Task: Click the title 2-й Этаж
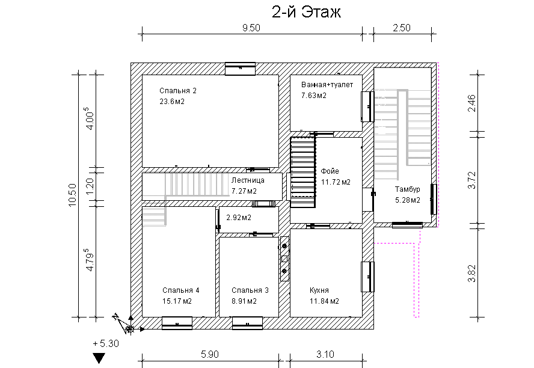(306, 12)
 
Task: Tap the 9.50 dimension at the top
(251, 28)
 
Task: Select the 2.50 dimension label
(402, 28)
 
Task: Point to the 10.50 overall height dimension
(72, 195)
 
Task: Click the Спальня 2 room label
(178, 91)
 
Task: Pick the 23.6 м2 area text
(172, 102)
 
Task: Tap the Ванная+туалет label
(327, 85)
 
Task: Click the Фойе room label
(330, 171)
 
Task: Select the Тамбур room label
(407, 189)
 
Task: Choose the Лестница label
(248, 180)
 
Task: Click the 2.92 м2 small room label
(239, 218)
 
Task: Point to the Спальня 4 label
(181, 290)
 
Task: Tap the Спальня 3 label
(250, 290)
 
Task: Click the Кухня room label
(319, 290)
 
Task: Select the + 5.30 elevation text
(106, 343)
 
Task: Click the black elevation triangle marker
(99, 357)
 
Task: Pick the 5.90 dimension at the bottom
(210, 354)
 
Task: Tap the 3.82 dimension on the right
(471, 274)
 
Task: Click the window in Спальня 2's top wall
(240, 69)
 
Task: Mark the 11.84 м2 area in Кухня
(324, 301)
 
